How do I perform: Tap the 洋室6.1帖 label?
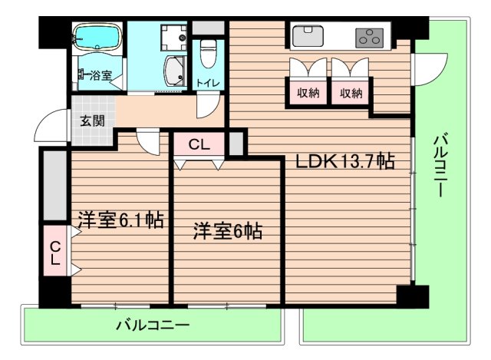(119, 221)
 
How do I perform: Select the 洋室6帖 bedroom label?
(227, 230)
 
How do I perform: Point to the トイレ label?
(206, 83)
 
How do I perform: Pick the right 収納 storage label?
(351, 93)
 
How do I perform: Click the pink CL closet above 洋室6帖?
(198, 144)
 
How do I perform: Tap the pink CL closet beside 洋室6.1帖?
(54, 254)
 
